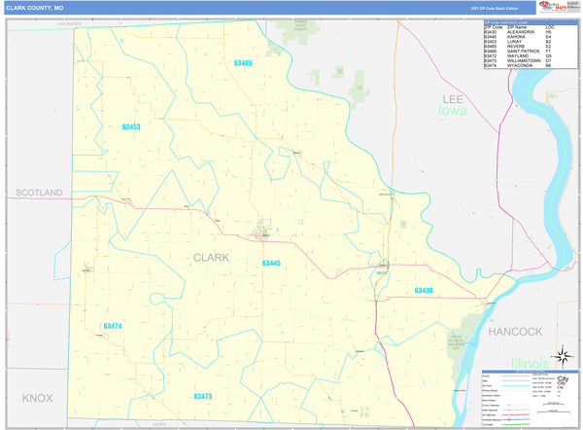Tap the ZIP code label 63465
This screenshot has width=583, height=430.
[243, 63]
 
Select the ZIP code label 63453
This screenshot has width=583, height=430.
[131, 127]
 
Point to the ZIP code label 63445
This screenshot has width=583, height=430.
[271, 264]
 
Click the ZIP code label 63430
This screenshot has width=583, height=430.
[424, 291]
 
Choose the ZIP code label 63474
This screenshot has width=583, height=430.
[113, 326]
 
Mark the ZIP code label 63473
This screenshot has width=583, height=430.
[202, 396]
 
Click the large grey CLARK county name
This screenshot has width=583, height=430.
[212, 258]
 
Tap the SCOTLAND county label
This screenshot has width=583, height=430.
[39, 193]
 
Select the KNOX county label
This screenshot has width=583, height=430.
[38, 398]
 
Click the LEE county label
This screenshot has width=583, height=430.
[453, 99]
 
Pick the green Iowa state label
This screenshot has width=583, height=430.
[452, 111]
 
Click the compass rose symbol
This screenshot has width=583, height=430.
[561, 357]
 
